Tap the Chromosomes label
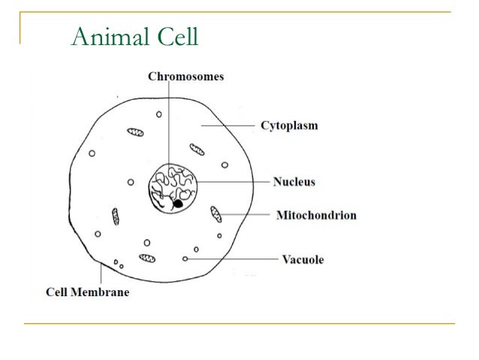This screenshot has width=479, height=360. pos(185,76)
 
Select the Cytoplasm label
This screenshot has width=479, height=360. pos(288,125)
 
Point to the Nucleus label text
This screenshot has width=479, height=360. pos(294,182)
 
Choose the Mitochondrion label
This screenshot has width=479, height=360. pos(316,216)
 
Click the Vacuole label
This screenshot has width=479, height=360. pos(303,260)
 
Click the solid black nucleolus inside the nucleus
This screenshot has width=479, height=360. pos(178,203)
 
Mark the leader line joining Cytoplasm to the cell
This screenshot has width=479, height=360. pos(228,125)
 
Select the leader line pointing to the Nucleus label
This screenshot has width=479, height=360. pos(233,182)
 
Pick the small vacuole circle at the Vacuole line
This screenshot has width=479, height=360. pos(185,259)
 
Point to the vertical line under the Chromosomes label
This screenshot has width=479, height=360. pos(170,120)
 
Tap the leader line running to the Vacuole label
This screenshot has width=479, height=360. pos(233,259)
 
